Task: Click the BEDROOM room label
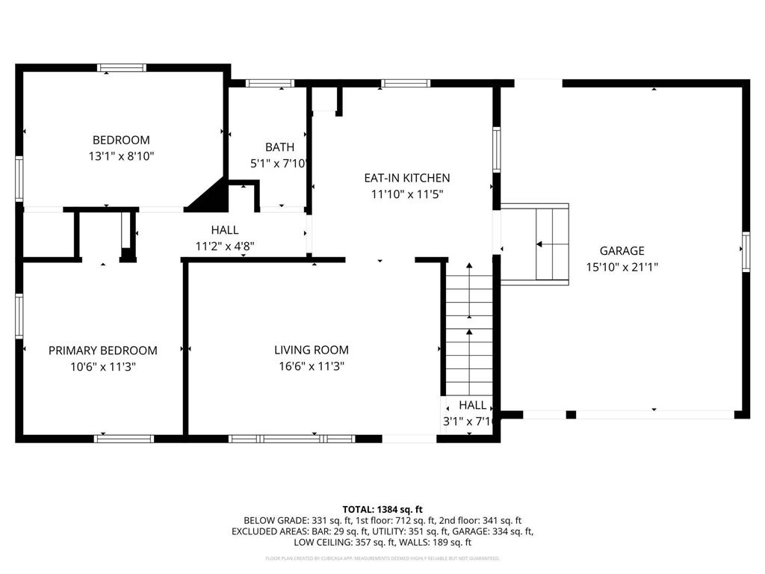pyautogui.click(x=121, y=140)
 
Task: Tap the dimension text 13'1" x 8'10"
pyautogui.click(x=121, y=156)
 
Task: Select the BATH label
pyautogui.click(x=279, y=147)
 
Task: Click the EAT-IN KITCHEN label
pyautogui.click(x=406, y=178)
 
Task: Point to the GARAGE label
pyautogui.click(x=622, y=251)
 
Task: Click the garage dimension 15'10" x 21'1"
pyautogui.click(x=622, y=267)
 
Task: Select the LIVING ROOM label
pyautogui.click(x=311, y=350)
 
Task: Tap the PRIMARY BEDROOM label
pyautogui.click(x=103, y=351)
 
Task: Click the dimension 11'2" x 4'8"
pyautogui.click(x=225, y=245)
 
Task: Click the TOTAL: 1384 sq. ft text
pyautogui.click(x=382, y=508)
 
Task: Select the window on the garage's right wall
pyautogui.click(x=745, y=252)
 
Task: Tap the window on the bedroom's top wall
pyautogui.click(x=122, y=68)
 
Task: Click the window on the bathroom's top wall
pyautogui.click(x=270, y=83)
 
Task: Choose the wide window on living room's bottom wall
pyautogui.click(x=291, y=439)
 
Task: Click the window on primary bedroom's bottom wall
pyautogui.click(x=124, y=439)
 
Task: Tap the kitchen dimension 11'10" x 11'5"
pyautogui.click(x=406, y=194)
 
